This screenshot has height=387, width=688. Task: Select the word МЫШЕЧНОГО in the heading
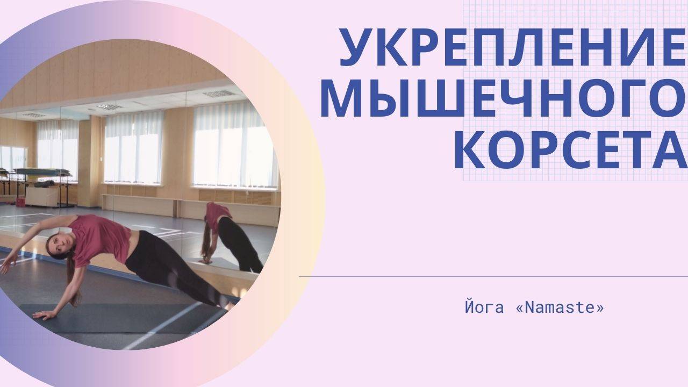point(504,98)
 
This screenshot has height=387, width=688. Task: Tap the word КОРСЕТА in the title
point(571,149)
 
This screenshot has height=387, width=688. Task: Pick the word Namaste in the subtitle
point(560,308)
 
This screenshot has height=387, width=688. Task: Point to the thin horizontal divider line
point(493,276)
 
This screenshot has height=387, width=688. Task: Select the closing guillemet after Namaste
point(599,309)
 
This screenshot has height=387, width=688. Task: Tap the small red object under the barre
point(20,202)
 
